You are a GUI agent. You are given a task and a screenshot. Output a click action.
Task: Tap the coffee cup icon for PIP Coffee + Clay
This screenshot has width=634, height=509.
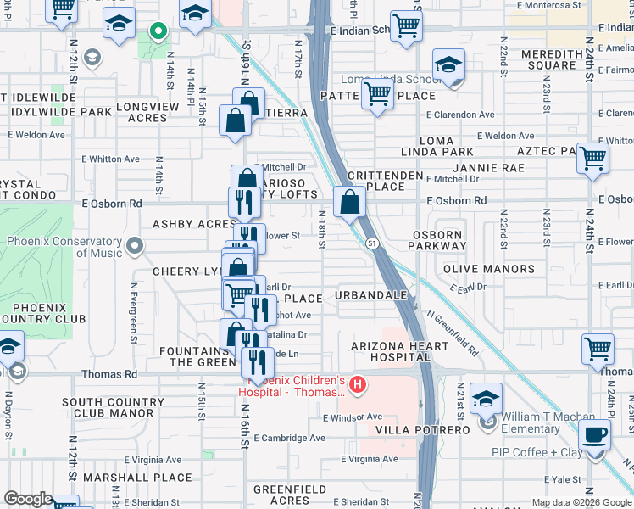(593, 436)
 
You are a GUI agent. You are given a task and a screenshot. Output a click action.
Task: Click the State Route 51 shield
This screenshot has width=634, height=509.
(373, 243)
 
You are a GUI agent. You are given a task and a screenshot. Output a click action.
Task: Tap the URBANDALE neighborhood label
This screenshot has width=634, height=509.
(372, 296)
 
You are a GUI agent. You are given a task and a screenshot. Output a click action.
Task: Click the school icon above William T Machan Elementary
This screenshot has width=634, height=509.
(487, 400)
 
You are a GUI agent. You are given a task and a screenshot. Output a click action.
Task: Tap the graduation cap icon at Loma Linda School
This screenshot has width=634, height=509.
(448, 64)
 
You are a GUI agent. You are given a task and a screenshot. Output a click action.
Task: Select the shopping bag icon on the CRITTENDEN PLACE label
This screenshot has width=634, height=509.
(349, 203)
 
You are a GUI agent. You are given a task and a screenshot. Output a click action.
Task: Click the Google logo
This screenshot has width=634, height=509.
(28, 499)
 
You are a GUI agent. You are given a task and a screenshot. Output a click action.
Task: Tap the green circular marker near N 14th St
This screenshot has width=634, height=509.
(158, 32)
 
